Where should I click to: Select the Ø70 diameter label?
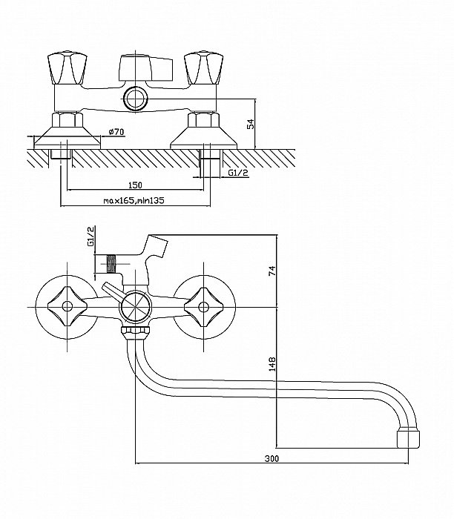[116, 131]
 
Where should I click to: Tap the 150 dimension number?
[135, 185]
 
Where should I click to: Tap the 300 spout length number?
[272, 460]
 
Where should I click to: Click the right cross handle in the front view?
[203, 305]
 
